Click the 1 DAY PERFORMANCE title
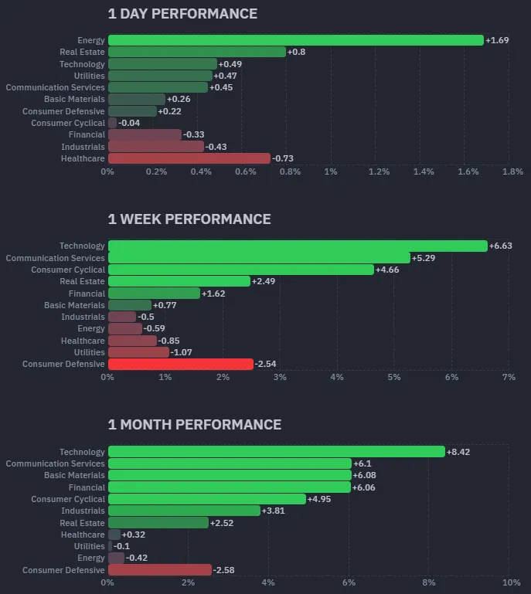point(182,14)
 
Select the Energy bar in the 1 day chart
point(295,40)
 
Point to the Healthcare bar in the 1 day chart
point(189,158)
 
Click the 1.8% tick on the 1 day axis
point(512,171)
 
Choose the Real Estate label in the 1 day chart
point(82,52)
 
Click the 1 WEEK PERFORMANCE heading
point(189,219)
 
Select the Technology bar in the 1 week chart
point(298,246)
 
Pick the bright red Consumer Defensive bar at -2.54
point(180,364)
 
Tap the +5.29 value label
point(424,258)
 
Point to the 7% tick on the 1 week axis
point(509,377)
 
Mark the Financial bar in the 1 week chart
point(154,294)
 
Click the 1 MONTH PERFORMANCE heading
point(194,425)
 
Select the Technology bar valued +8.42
point(276,452)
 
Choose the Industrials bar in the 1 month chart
point(184,511)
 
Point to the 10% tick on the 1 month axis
point(510,582)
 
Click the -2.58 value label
point(224,570)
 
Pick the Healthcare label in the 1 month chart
point(83,535)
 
